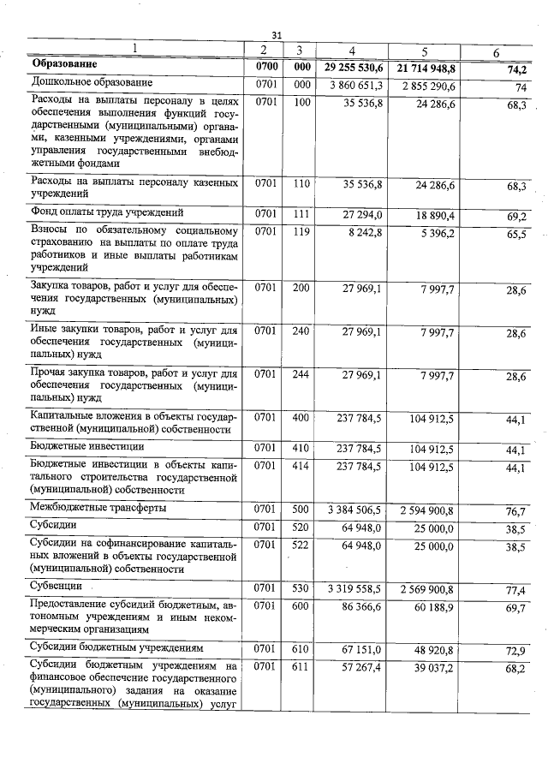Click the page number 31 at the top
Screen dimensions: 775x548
tap(277, 35)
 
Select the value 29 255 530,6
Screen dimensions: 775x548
tap(354, 66)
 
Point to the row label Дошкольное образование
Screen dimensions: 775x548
tap(92, 83)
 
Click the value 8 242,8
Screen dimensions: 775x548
tap(368, 232)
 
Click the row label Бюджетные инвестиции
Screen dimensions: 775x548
tap(86, 446)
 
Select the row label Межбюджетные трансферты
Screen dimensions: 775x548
tap(98, 508)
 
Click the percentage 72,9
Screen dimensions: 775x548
tap(515, 651)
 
